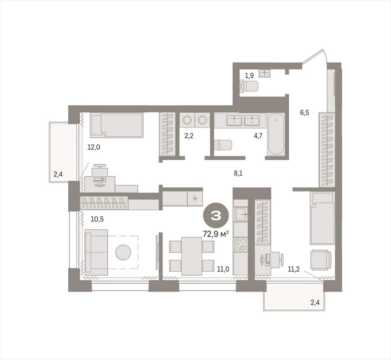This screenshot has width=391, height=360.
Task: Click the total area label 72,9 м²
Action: click(216, 234)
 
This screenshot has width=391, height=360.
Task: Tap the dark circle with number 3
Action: click(216, 216)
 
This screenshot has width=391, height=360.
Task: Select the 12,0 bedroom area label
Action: click(94, 147)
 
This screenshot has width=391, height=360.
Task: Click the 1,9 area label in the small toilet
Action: click(249, 75)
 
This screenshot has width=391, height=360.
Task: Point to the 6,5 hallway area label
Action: click(304, 113)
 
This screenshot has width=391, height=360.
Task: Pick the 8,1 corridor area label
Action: click(238, 173)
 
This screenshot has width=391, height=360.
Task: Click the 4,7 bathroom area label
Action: click(258, 136)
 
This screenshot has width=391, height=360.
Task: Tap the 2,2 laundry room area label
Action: click(189, 136)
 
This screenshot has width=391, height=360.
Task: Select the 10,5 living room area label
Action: click(97, 220)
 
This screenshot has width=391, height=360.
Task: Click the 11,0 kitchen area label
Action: click(223, 269)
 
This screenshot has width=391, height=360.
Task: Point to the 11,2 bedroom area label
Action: click(294, 269)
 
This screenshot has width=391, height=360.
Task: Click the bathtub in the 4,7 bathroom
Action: click(276, 134)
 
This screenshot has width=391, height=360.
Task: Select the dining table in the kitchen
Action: click(192, 256)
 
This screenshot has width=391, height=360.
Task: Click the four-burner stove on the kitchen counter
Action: click(240, 245)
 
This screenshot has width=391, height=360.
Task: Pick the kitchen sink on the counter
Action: click(240, 215)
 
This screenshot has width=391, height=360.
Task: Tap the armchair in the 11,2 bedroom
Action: click(321, 260)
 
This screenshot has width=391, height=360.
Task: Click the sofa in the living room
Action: click(96, 252)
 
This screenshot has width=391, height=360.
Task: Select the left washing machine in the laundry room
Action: click(186, 120)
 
